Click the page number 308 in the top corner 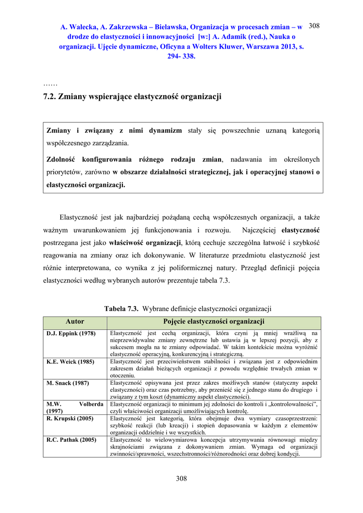(314, 26)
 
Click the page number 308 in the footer (181, 478)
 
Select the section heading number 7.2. (50, 96)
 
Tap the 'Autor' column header (75, 322)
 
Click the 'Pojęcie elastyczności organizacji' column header (214, 322)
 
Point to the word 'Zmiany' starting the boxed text (58, 130)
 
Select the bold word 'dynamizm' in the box (165, 130)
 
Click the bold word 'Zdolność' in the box (60, 159)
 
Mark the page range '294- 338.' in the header (181, 56)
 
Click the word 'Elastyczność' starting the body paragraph (79, 217)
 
